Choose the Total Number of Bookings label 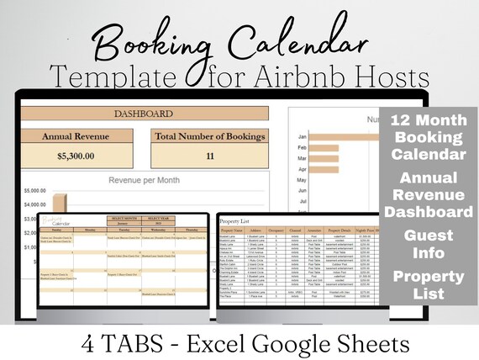pos(211,135)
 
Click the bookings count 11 pos(211,155)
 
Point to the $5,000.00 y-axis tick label pos(34,189)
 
